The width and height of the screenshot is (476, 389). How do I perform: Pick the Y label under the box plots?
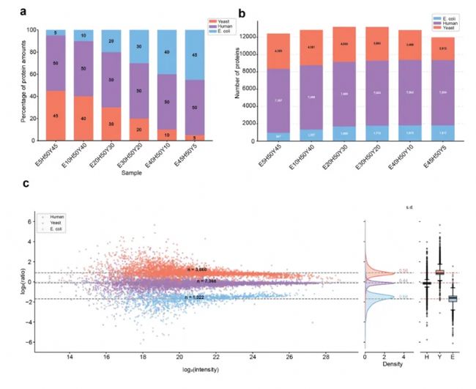tap(439, 359)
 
